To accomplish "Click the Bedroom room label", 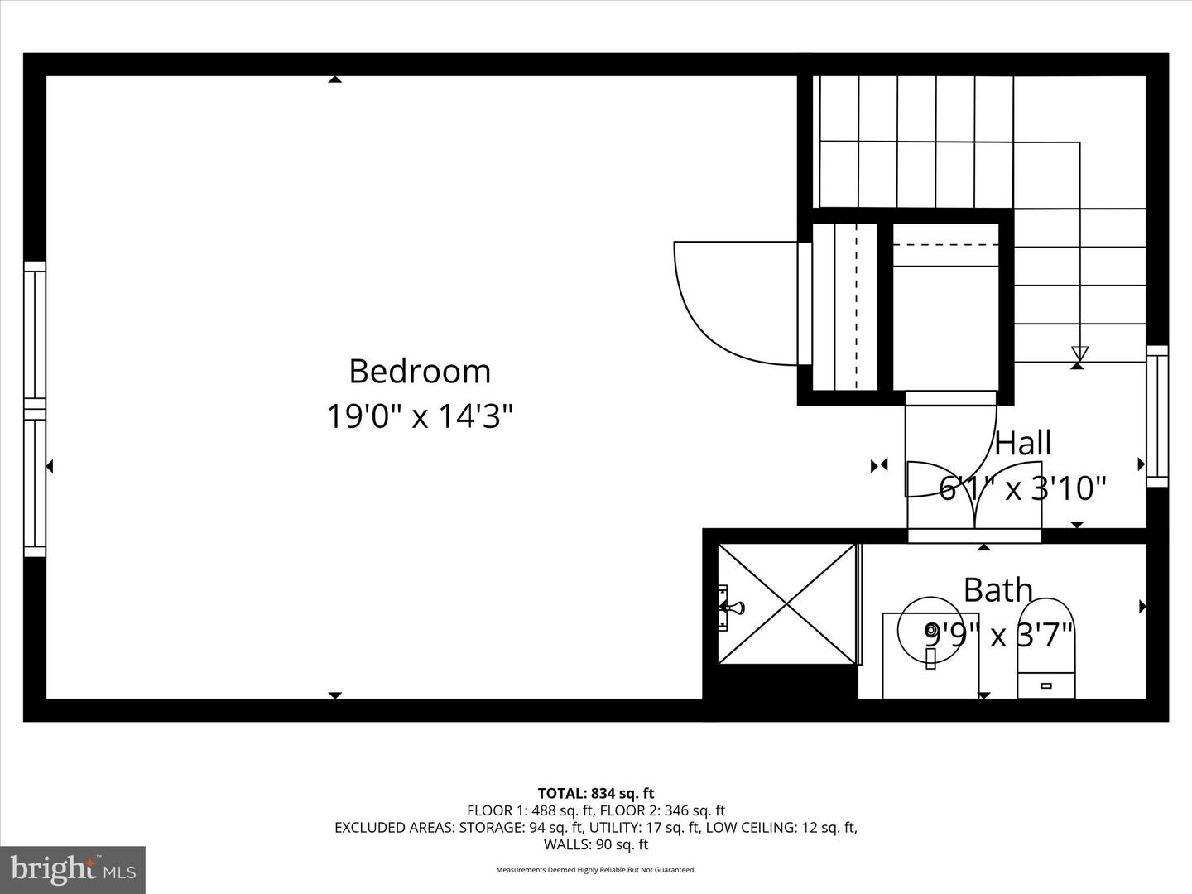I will [x=420, y=372].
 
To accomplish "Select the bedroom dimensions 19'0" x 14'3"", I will [x=420, y=416].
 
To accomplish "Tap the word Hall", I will [x=1023, y=444].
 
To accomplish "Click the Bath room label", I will [x=998, y=590].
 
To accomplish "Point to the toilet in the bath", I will [x=1046, y=650].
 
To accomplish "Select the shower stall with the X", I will [x=786, y=603].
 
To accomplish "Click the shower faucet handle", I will [x=730, y=608].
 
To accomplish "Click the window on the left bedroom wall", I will [x=35, y=409].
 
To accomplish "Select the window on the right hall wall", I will [x=1156, y=416].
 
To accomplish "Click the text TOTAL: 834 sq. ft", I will [x=596, y=793].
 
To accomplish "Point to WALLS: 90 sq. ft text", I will [x=596, y=844].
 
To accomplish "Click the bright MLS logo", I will [x=73, y=869].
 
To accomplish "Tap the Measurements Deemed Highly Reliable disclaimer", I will [x=596, y=870].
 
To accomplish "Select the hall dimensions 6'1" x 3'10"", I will [x=1023, y=488].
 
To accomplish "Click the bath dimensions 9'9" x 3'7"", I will [x=998, y=636].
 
